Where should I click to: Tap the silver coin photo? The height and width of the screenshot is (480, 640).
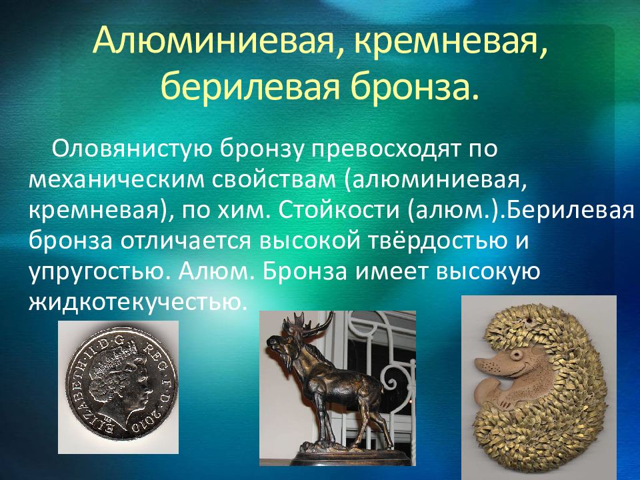[119, 387]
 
